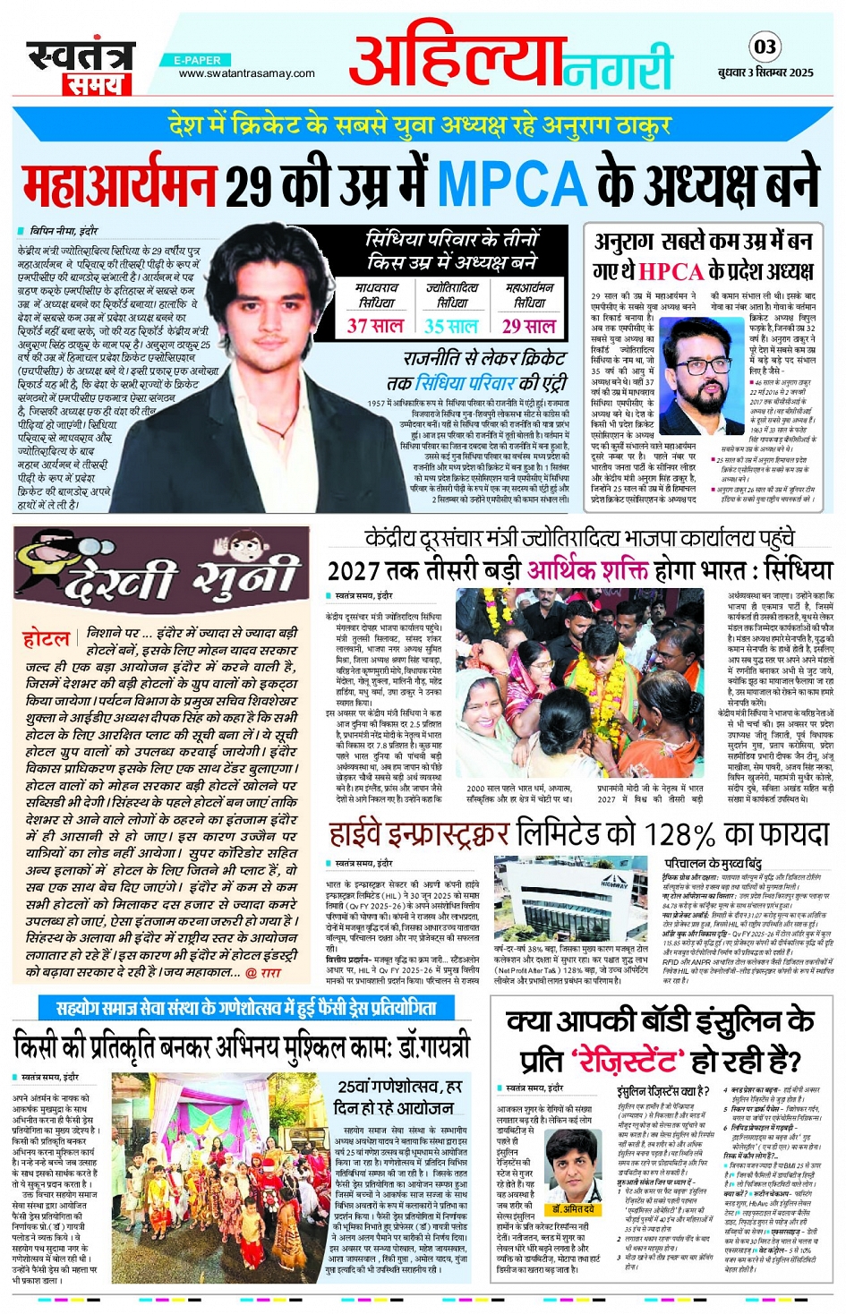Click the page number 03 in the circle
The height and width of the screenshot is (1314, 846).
(x=764, y=47)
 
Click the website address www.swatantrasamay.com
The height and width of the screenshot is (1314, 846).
(x=246, y=73)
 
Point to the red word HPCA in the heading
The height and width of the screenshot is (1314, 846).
(x=671, y=271)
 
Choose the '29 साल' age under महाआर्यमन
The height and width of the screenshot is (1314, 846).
(x=528, y=326)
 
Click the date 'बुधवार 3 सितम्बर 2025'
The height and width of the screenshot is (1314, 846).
(x=765, y=73)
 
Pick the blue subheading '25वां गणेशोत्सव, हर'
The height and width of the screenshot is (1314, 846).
(x=399, y=1087)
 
